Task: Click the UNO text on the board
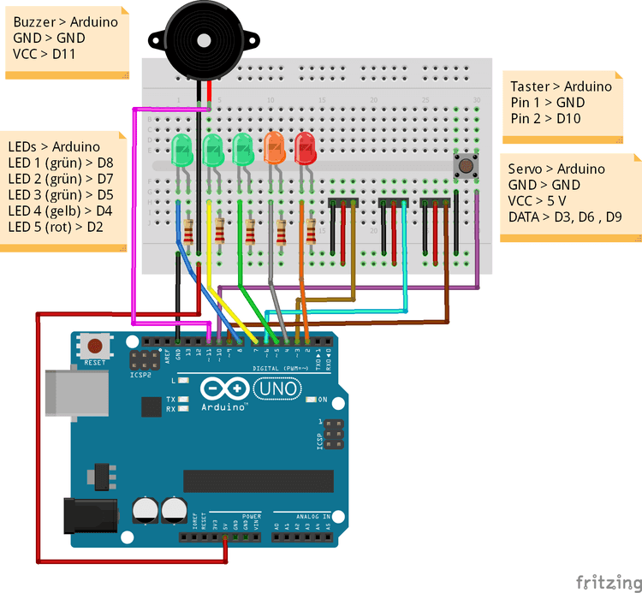coord(277,389)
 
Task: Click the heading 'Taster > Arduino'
coord(561,86)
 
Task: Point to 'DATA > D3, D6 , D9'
coord(565,217)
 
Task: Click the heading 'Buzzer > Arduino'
coord(66,22)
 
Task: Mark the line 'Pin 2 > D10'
coord(545,118)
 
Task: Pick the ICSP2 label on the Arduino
coord(140,375)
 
